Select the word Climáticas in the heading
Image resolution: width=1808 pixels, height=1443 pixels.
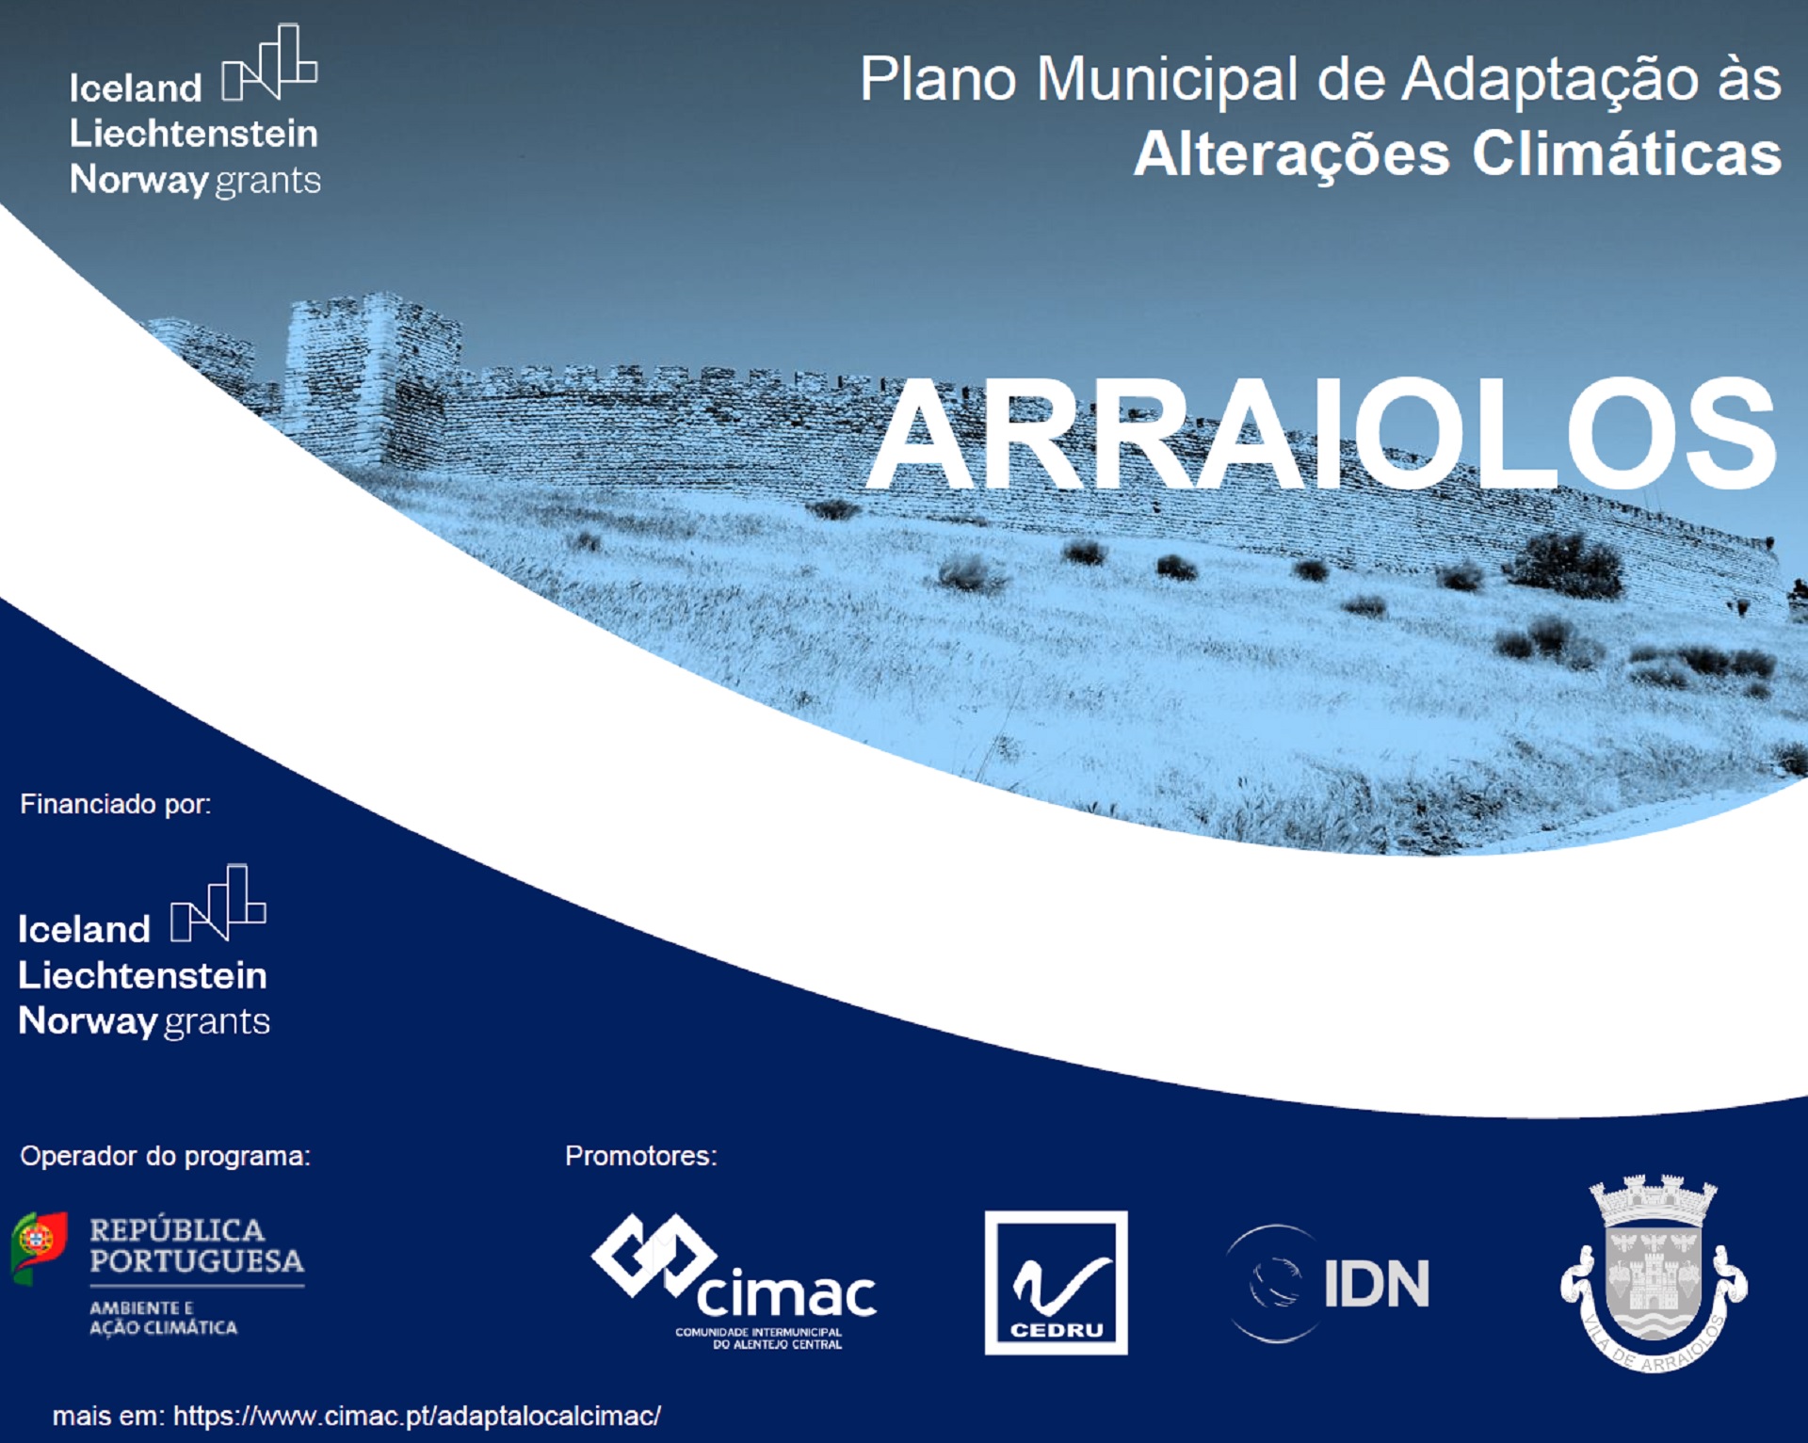coord(1627,153)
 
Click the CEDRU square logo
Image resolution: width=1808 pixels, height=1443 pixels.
coord(1056,1282)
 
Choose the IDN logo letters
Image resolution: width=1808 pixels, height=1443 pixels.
coord(1376,1283)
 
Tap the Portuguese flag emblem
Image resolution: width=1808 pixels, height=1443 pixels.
coord(39,1247)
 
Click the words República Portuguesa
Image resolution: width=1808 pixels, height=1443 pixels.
coord(197,1245)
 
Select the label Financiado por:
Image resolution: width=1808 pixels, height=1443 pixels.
coord(116,804)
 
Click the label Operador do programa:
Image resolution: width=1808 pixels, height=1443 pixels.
coord(165,1156)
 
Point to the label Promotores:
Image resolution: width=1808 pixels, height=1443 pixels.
coord(641,1156)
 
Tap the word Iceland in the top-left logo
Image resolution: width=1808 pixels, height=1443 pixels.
coord(136,88)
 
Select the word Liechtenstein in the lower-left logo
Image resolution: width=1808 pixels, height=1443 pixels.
coord(142,975)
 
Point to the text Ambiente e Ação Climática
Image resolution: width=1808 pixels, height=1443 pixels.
coord(163,1318)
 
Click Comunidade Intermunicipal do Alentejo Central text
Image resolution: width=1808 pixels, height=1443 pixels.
coord(759,1339)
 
